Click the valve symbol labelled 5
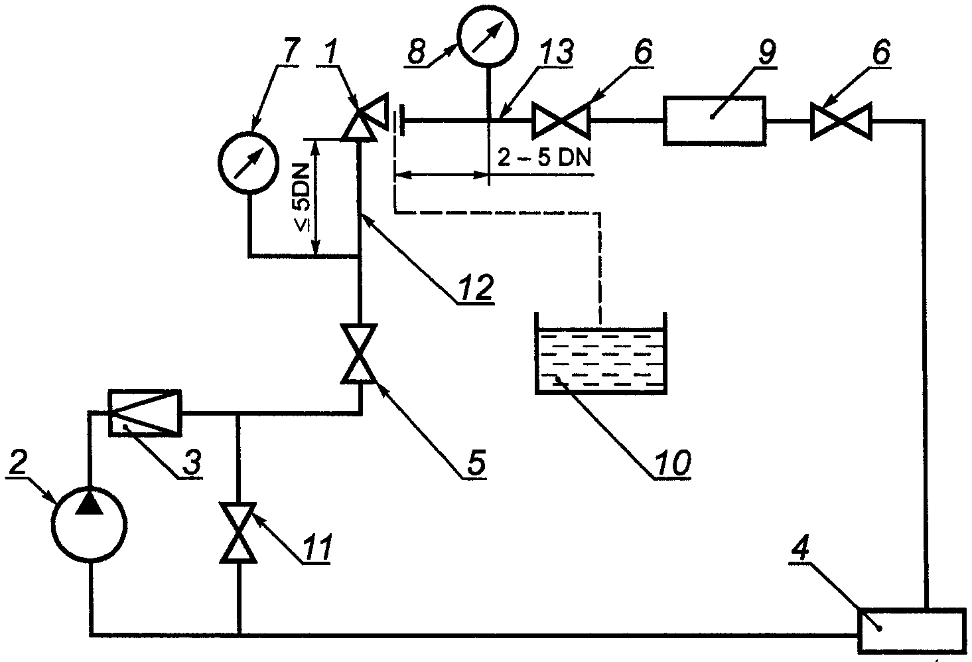point(359,354)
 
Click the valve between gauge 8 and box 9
point(561,121)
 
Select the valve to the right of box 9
point(841,122)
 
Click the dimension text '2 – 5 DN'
point(545,157)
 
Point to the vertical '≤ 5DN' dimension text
point(303,197)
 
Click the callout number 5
point(474,463)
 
